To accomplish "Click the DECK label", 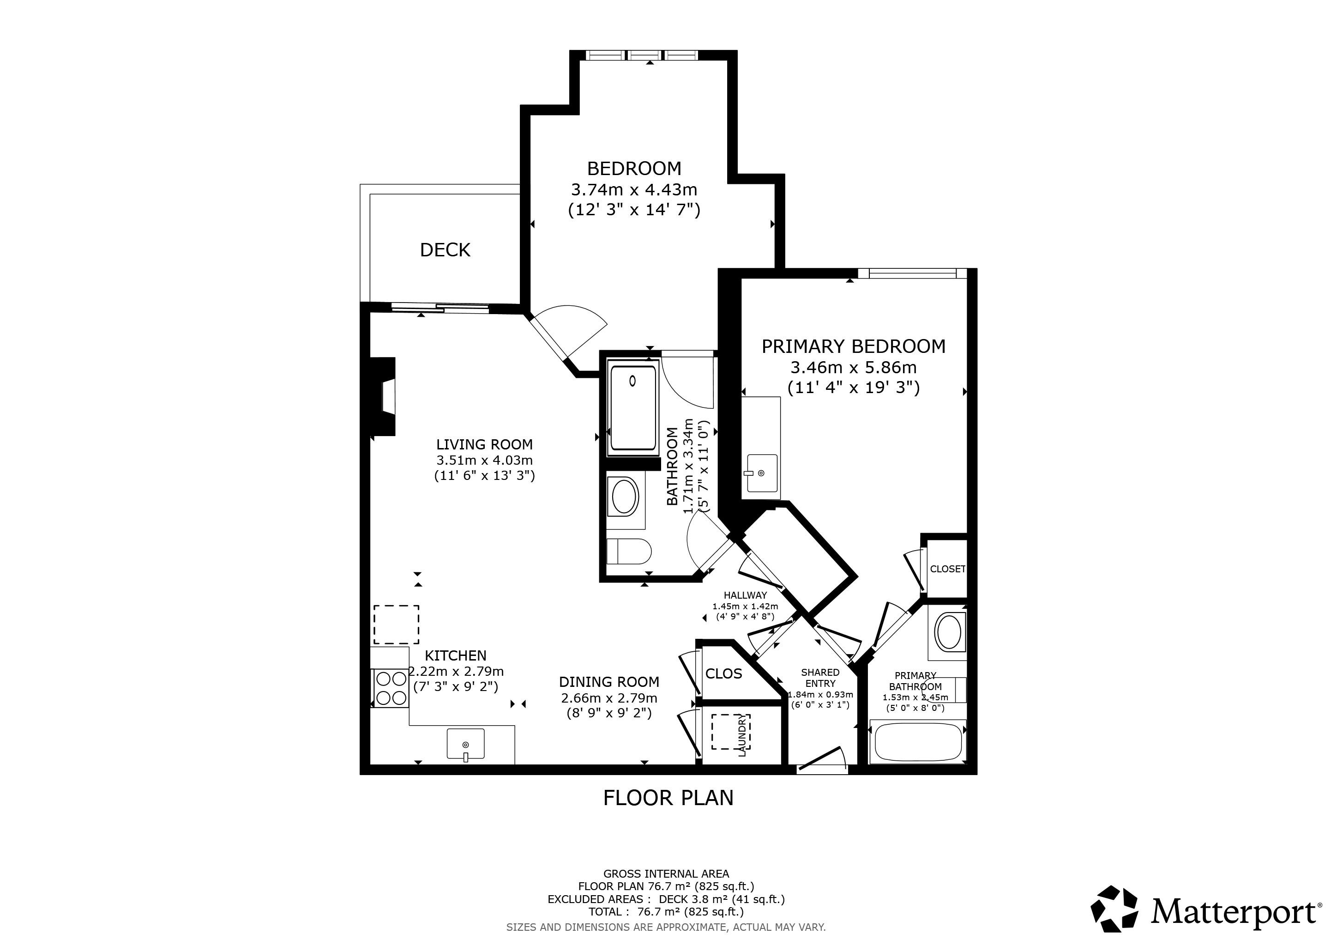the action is (x=445, y=250).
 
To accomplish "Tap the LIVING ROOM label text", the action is (x=484, y=444).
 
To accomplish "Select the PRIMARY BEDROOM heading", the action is (x=854, y=346).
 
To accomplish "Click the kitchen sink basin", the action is (x=465, y=744).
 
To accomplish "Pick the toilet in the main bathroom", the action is (x=628, y=551).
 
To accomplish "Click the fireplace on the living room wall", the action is (x=383, y=396).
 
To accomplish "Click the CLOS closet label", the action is (x=724, y=674).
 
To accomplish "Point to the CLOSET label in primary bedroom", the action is (x=947, y=569).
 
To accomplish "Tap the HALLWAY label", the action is (x=745, y=595).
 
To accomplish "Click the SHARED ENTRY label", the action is (x=820, y=678).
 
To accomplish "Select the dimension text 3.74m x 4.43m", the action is (x=634, y=190).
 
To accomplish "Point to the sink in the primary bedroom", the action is (x=762, y=473).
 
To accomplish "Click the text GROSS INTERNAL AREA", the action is (x=666, y=874).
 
